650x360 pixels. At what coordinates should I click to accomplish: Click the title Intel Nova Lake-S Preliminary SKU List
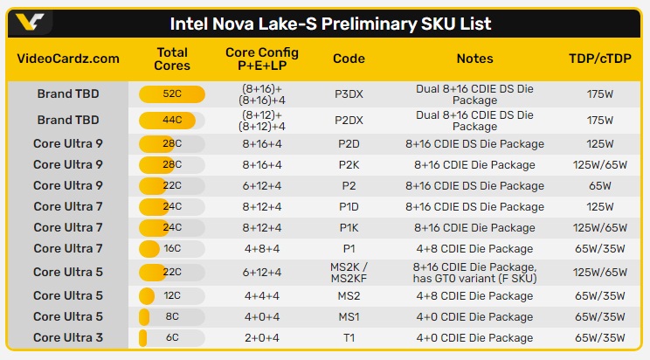click(x=329, y=24)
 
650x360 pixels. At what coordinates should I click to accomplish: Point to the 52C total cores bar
click(x=172, y=94)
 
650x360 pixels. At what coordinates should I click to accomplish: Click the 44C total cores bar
click(x=172, y=120)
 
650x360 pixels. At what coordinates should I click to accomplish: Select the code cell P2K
click(x=349, y=164)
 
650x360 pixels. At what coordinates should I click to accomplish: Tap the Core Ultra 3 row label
click(x=68, y=337)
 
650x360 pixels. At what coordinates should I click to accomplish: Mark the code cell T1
click(x=349, y=337)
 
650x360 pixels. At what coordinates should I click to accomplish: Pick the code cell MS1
click(x=349, y=316)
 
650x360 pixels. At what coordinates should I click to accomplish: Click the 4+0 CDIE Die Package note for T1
click(x=474, y=337)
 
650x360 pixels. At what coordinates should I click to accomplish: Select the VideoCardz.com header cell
click(x=68, y=59)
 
